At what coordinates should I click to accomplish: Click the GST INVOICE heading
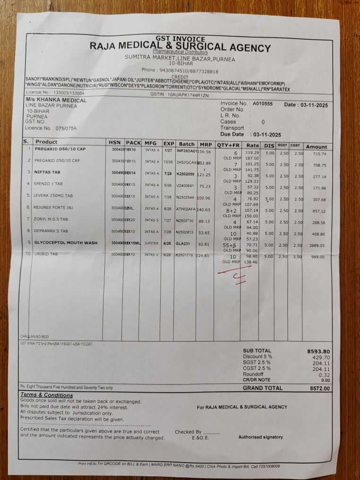pyautogui.click(x=180, y=39)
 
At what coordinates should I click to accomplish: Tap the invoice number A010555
pyautogui.click(x=263, y=103)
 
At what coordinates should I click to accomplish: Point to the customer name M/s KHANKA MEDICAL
pyautogui.click(x=56, y=100)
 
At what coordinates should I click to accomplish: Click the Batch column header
pyautogui.click(x=187, y=143)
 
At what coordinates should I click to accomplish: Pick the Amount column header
pyautogui.click(x=316, y=146)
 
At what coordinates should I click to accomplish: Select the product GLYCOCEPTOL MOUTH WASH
pyautogui.click(x=66, y=243)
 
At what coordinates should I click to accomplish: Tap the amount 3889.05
pyautogui.click(x=316, y=246)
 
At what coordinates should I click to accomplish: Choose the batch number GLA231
pyautogui.click(x=183, y=243)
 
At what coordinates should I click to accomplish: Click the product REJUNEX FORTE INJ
pyautogui.click(x=55, y=207)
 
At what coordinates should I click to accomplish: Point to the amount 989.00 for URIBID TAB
pyautogui.click(x=317, y=257)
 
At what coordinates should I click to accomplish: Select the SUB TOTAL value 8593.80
pyautogui.click(x=318, y=351)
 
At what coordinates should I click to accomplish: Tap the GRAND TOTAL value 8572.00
pyautogui.click(x=320, y=388)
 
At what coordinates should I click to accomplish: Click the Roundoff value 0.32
pyautogui.click(x=324, y=375)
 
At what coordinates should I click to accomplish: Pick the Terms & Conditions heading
pyautogui.click(x=47, y=395)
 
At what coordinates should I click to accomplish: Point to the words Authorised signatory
pyautogui.click(x=260, y=437)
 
